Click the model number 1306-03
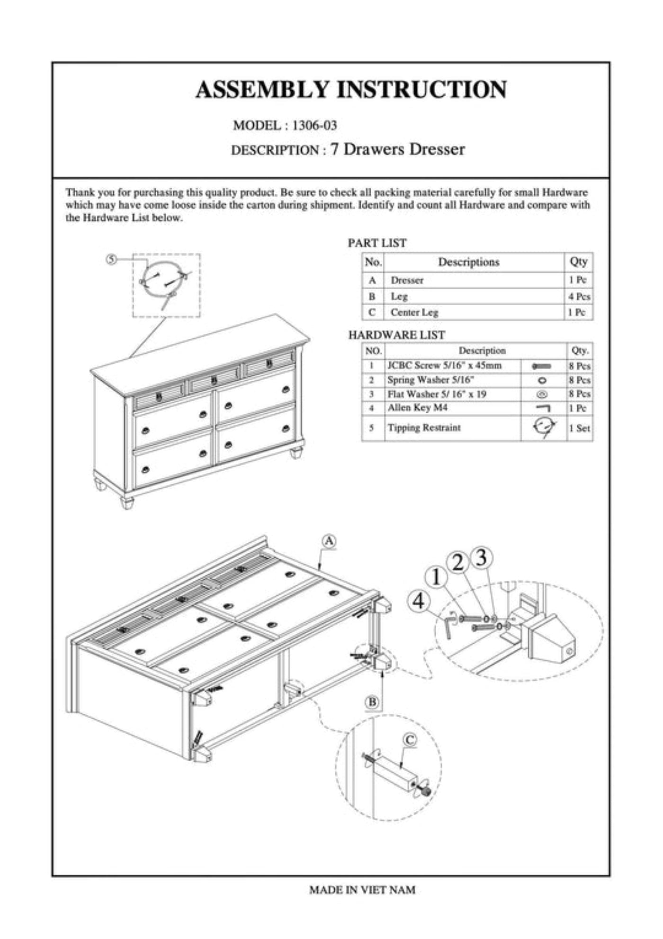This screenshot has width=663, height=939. (x=314, y=126)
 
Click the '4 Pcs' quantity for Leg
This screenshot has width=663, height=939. (x=579, y=297)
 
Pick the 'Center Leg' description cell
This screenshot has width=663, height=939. (x=414, y=312)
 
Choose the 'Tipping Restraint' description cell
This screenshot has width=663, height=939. (x=424, y=428)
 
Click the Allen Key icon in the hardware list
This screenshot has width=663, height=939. (x=543, y=408)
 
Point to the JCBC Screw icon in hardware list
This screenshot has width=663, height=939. (x=542, y=366)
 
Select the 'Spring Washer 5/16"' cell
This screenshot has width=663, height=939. (x=430, y=380)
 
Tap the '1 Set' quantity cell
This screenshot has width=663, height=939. (x=579, y=428)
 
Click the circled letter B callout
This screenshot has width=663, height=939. (x=373, y=702)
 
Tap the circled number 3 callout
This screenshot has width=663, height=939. (x=481, y=558)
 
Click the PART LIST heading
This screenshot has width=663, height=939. (x=377, y=243)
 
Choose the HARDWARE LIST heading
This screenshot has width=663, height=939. (x=396, y=335)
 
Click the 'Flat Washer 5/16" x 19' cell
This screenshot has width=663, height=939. (x=437, y=394)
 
